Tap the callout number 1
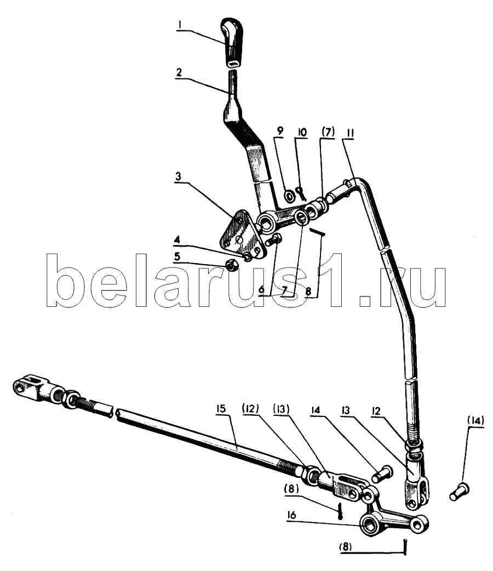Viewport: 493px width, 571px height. coord(180,25)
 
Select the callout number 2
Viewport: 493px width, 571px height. coord(179,72)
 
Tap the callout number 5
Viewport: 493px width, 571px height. coord(177,257)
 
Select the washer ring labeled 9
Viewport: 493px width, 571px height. coord(290,196)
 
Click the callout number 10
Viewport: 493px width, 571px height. coord(302,132)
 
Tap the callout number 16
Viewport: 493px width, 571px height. coord(291,515)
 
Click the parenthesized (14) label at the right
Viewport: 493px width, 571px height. coord(476,421)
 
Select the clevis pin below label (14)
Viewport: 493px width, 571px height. coord(460,491)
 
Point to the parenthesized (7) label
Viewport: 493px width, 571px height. coord(328,132)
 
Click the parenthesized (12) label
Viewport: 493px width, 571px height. coord(250,409)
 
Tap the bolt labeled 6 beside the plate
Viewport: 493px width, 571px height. coord(273,240)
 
